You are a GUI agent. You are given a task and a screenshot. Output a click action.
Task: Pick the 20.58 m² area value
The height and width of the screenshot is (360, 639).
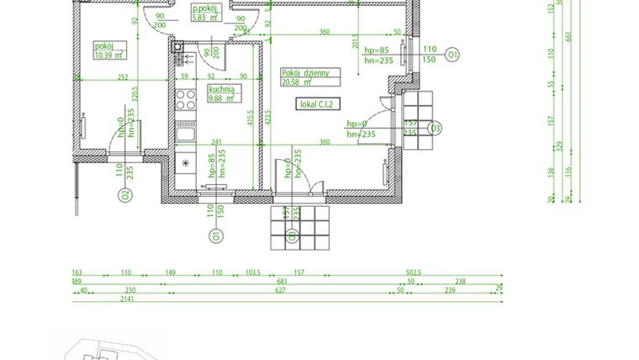coord(297,82)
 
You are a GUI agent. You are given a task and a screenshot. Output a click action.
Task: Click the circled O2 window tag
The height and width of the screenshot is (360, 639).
coord(123,196)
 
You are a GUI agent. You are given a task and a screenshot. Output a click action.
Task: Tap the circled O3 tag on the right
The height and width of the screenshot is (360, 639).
coord(435,128)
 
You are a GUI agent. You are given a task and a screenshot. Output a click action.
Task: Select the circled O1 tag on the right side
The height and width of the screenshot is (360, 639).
coord(452,56)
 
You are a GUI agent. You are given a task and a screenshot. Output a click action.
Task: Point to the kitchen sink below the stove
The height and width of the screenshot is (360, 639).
coord(185,131)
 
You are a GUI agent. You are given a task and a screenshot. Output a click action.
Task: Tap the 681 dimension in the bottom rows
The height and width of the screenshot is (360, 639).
coord(283,282)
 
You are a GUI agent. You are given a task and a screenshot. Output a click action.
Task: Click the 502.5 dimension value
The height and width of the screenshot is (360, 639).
coord(413,273)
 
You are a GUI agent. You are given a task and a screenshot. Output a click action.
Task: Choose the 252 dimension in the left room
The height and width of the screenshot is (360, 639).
coord(123,77)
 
